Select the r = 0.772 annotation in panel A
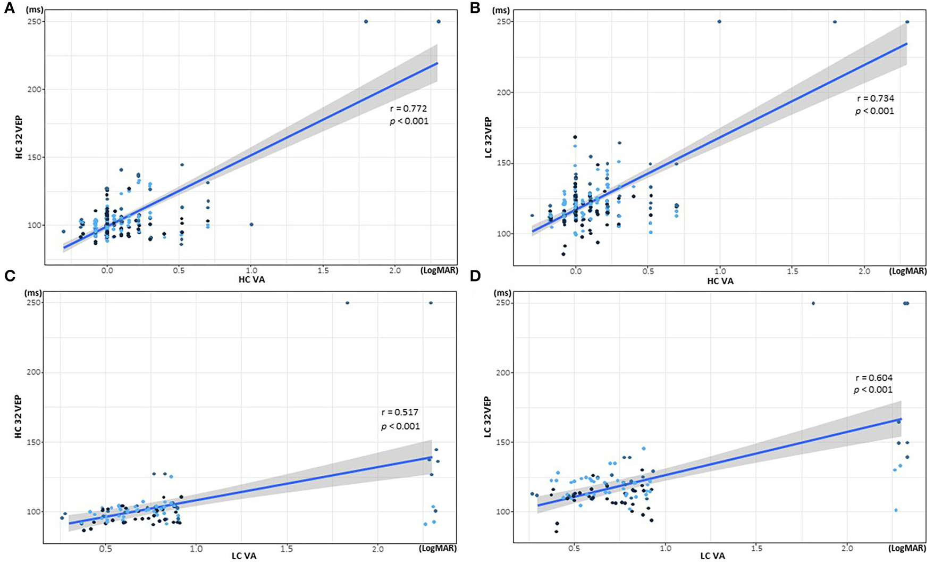[408, 109]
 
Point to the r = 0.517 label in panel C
[400, 412]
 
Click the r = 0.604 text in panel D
[874, 378]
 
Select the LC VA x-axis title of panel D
[712, 556]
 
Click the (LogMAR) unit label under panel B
[907, 271]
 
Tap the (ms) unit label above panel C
[35, 292]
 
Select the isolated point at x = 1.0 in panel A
[251, 225]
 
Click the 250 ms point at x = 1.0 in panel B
[719, 21]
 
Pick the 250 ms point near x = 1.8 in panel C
[347, 303]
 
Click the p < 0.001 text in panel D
[873, 390]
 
